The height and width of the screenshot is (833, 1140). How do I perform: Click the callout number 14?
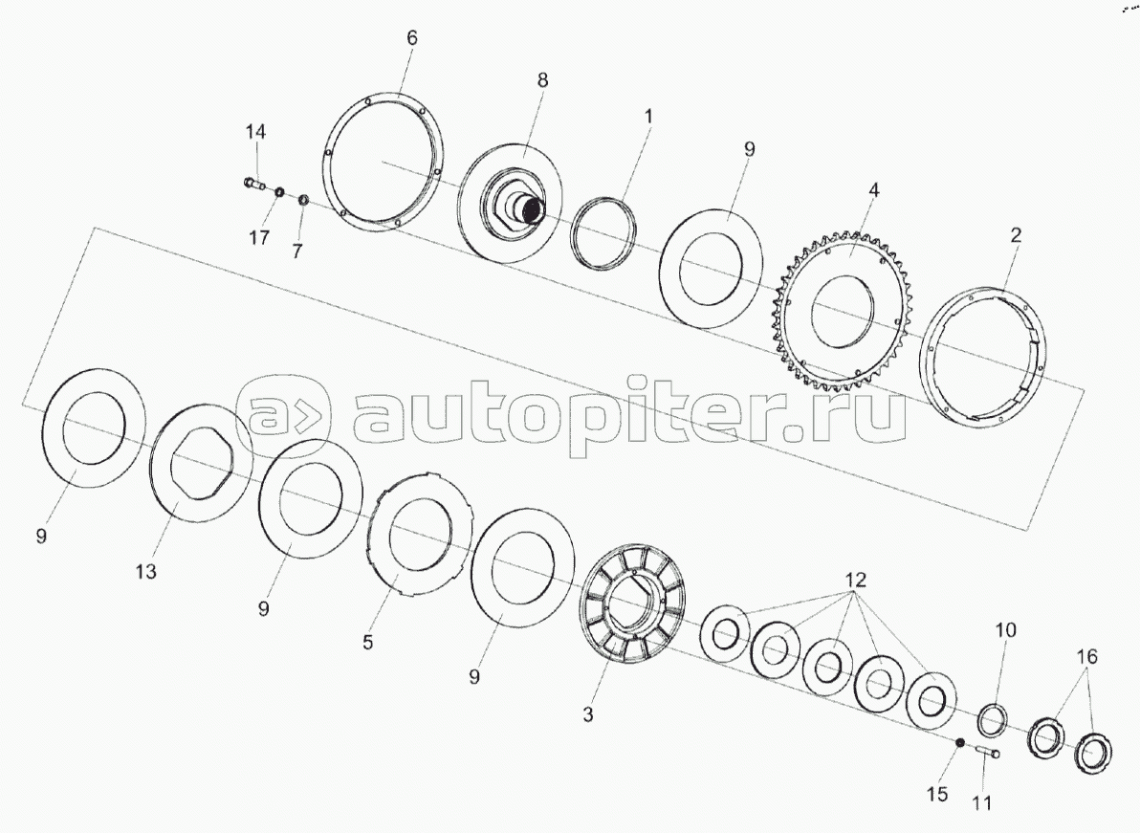pos(255,132)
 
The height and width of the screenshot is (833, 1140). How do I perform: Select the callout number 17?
pos(259,238)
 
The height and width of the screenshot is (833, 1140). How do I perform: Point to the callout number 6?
pos(412,38)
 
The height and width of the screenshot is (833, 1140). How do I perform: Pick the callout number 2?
pos(1016,234)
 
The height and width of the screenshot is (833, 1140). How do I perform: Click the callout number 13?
pos(146,572)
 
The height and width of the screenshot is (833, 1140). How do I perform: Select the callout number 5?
pos(368,643)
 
